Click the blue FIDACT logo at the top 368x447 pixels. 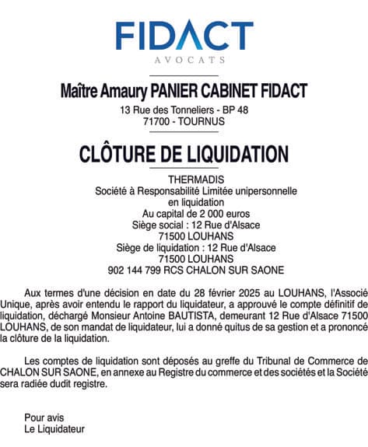click(x=184, y=35)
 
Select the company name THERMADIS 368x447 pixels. click(x=184, y=180)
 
